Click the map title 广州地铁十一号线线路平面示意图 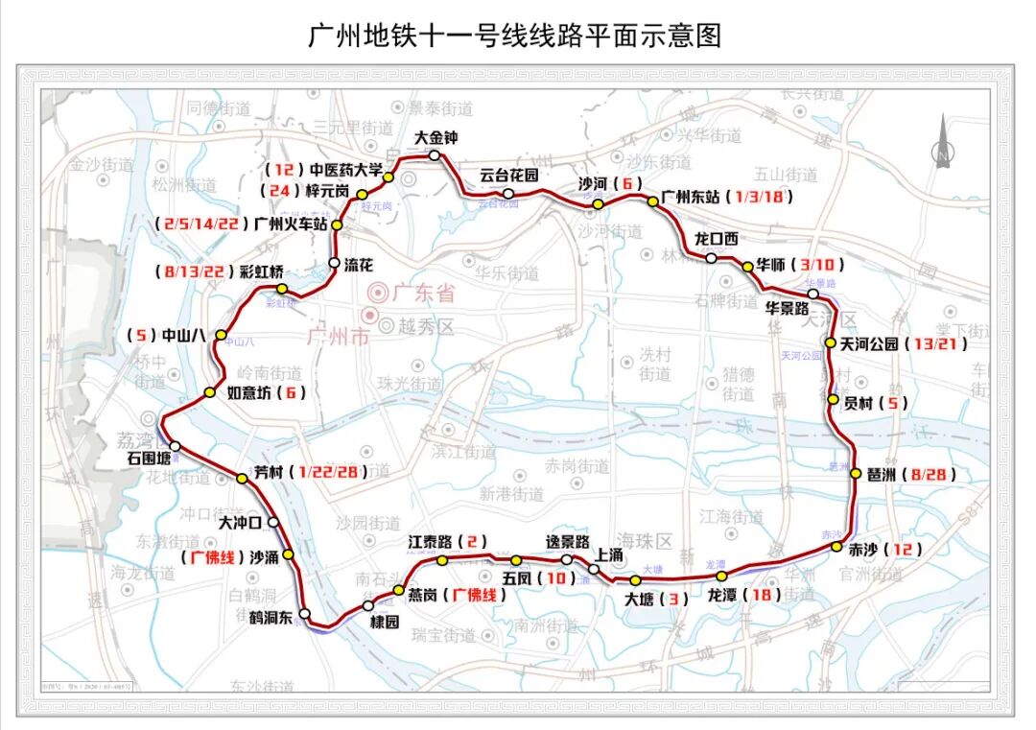pos(514,35)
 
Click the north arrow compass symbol pos(943,142)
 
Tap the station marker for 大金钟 pos(435,155)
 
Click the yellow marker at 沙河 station pos(598,203)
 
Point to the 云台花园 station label pos(509,175)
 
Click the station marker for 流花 pos(334,262)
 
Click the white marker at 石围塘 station pos(175,445)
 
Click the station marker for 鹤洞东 pos(304,613)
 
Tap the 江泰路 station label pos(429,542)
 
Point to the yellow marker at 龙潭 pos(722,576)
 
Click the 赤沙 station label pos(863,550)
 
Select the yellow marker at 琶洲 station pos(856,473)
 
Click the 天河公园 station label pos(869,342)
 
